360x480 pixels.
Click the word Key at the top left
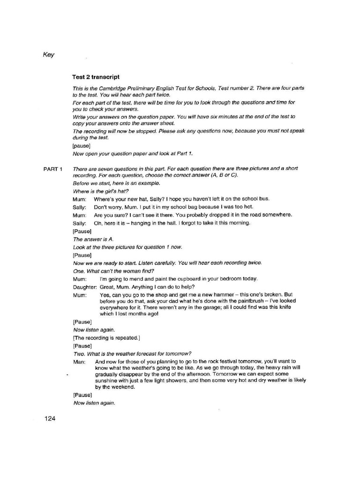49,55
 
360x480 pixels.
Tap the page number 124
50,418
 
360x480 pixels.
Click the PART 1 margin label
53,169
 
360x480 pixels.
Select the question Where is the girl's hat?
100,191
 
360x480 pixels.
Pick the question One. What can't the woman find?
114,271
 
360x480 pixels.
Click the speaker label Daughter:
85,286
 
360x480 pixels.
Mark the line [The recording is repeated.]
106,337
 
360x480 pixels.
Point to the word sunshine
108,381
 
